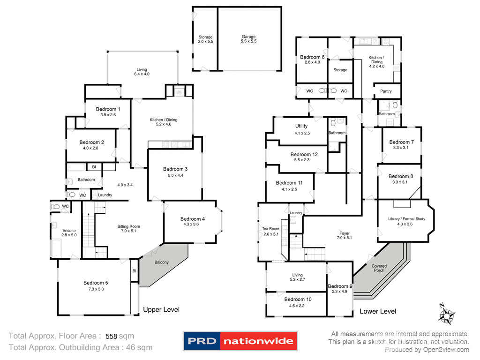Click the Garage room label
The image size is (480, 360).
click(249, 37)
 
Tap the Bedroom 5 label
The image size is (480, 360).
click(96, 283)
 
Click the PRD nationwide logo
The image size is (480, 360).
click(240, 341)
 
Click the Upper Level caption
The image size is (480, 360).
click(161, 309)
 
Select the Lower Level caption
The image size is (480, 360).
click(378, 311)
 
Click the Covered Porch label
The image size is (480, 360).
click(379, 269)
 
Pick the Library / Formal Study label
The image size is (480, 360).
click(406, 219)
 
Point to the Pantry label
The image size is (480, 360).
click(386, 91)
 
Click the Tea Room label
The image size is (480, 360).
click(270, 229)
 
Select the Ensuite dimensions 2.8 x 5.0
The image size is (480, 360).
click(69, 235)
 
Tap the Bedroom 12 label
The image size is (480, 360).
click(304, 154)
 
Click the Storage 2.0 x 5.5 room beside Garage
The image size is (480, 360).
click(205, 39)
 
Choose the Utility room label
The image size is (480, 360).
click(301, 126)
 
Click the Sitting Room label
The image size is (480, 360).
click(128, 226)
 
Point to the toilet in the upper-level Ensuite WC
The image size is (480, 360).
click(56, 206)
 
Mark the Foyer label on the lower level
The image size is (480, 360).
click(345, 233)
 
